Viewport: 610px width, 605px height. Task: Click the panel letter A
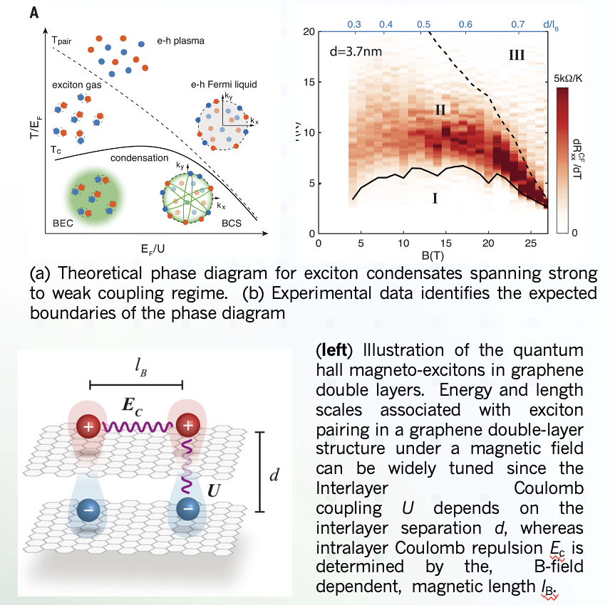pyautogui.click(x=33, y=11)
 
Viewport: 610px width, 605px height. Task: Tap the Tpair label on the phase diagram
pyautogui.click(x=62, y=40)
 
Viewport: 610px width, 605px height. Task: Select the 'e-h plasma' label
pyautogui.click(x=180, y=41)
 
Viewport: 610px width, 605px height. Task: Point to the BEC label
pyautogui.click(x=63, y=223)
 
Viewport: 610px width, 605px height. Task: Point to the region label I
pyautogui.click(x=434, y=199)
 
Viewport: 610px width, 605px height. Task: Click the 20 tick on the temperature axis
pyautogui.click(x=308, y=32)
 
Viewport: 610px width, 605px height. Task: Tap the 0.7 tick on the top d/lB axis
pyautogui.click(x=518, y=24)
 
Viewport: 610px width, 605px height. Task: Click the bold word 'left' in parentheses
pyautogui.click(x=336, y=351)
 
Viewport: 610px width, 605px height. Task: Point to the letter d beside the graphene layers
pyautogui.click(x=273, y=475)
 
